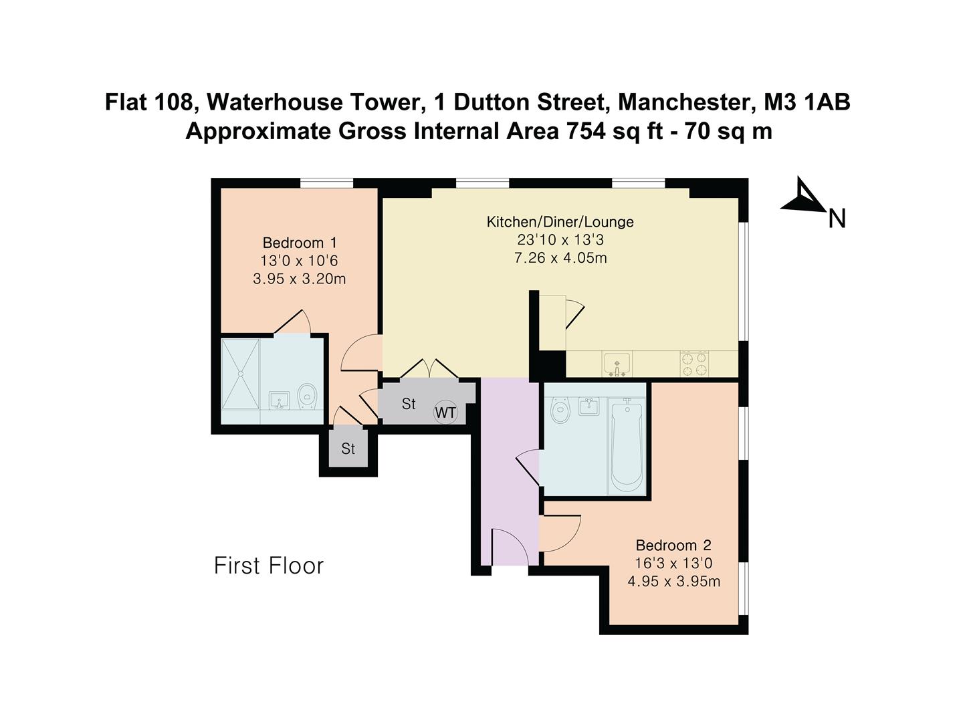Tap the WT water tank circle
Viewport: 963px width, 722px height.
(445, 412)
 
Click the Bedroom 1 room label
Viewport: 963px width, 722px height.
(299, 243)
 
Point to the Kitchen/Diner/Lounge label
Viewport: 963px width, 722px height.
(560, 222)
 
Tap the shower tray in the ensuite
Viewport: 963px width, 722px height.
(240, 374)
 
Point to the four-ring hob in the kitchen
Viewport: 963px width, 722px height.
(694, 364)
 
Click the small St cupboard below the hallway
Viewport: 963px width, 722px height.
(348, 449)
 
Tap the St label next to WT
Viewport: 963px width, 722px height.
(409, 404)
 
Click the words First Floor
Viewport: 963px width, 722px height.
(269, 566)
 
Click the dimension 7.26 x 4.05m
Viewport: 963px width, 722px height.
(560, 258)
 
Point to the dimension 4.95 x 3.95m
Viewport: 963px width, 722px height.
(673, 582)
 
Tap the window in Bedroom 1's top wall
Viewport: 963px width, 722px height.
(326, 183)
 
